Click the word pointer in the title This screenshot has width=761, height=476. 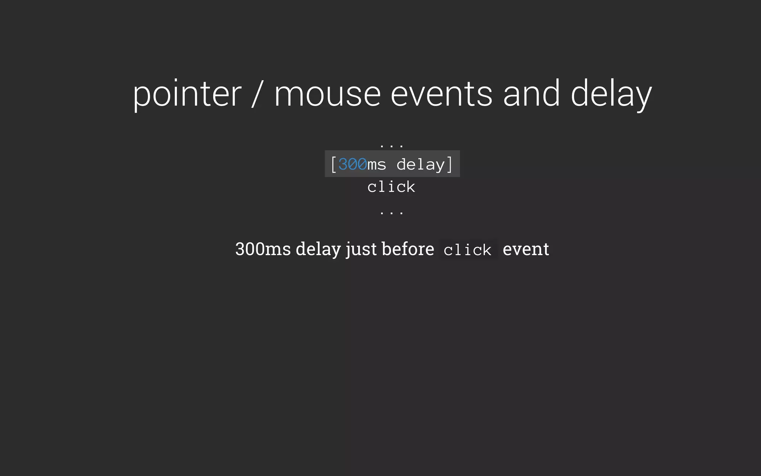187,94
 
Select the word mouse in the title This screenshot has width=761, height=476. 327,94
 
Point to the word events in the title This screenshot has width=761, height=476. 441,94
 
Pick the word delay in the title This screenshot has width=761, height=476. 611,94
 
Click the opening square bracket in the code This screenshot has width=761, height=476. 333,164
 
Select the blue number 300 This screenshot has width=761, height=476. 352,164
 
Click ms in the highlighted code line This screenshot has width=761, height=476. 377,164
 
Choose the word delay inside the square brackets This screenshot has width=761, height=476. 421,164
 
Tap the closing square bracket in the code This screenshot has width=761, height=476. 450,164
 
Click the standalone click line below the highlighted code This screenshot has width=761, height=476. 391,187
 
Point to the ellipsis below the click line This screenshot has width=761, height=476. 392,212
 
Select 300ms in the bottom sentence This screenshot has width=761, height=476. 263,249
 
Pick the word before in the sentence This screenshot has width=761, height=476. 408,249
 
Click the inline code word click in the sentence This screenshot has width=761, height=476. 467,250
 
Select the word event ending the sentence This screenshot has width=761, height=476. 526,249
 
